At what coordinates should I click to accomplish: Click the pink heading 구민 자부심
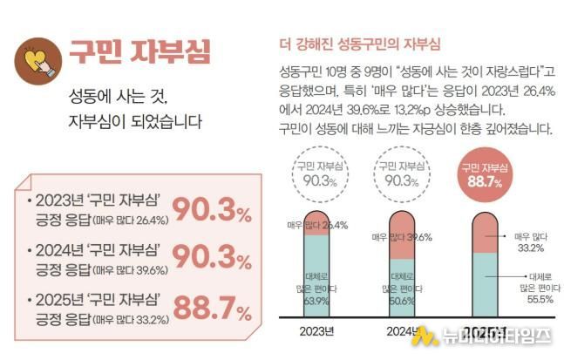[x=139, y=52]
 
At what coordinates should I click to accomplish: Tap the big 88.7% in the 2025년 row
[x=212, y=309]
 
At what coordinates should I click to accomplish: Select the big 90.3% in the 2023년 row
[x=212, y=209]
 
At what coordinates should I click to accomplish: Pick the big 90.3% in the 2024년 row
[x=212, y=258]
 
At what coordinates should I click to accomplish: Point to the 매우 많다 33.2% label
[x=534, y=241]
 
